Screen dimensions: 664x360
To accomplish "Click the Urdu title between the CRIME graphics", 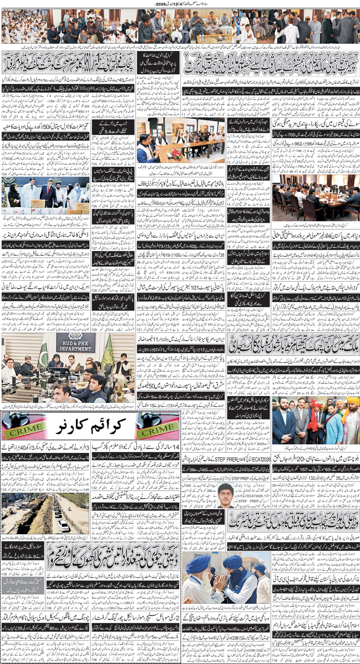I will point(91,426).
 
